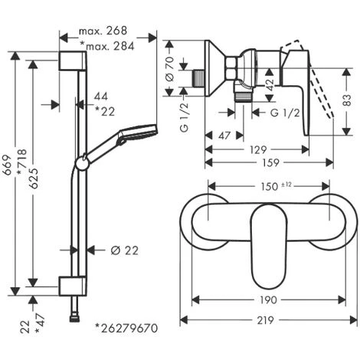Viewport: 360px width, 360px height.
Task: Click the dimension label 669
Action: coord(8,165)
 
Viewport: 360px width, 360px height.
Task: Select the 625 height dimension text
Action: coord(34,178)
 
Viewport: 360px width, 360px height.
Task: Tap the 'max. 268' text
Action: coord(103,31)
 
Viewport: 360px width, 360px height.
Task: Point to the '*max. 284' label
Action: coord(107,46)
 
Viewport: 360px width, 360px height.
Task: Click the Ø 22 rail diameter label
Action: coord(125,250)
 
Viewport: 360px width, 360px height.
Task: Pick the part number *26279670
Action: coord(126,328)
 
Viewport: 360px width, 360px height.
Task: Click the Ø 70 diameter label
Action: coord(170,69)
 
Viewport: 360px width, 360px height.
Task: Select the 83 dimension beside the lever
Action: coord(346,100)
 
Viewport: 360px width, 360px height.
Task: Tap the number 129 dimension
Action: coord(258,149)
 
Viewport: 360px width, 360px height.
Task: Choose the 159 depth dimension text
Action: coord(270,162)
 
